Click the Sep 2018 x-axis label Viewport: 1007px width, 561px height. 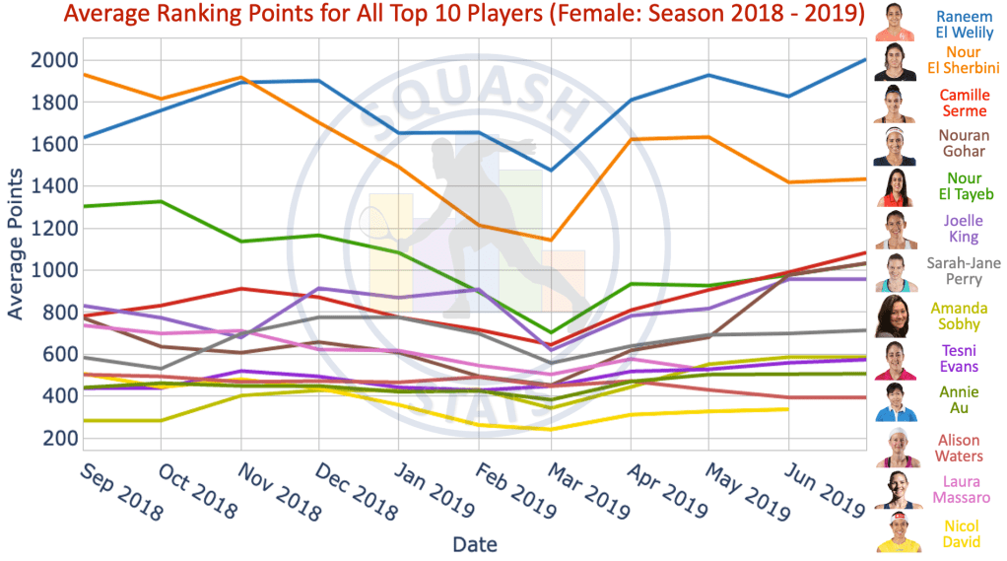121,489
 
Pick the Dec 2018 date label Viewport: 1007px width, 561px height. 356,489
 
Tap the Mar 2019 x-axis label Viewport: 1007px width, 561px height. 590,489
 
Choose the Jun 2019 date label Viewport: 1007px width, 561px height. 826,489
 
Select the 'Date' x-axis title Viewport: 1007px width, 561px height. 475,544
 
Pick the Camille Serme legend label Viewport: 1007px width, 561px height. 964,103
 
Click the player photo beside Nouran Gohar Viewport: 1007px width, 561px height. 895,146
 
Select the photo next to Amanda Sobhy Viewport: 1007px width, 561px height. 895,315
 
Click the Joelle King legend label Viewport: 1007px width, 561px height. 964,229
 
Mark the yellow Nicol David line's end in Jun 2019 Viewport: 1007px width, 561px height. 787,409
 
